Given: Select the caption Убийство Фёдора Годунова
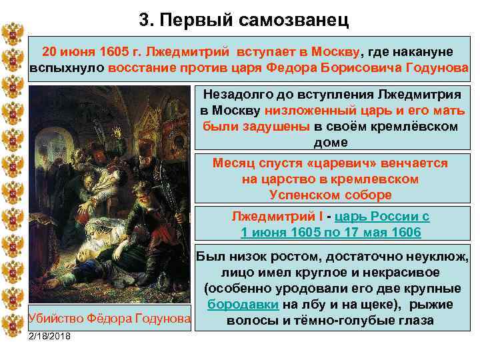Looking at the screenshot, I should [x=109, y=319].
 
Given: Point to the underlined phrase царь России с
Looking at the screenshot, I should [x=383, y=216].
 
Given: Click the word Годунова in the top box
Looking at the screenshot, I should [x=436, y=68].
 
